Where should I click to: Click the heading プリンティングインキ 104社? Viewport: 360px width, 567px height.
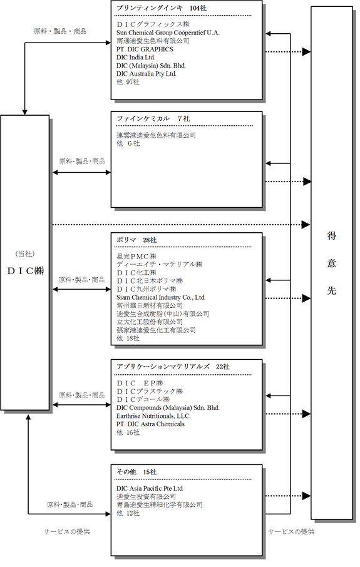point(162,8)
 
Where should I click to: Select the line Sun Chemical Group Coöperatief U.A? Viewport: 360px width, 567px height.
point(168,33)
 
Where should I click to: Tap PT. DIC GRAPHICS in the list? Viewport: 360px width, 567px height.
point(145,49)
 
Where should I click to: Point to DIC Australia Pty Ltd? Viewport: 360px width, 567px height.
point(146,74)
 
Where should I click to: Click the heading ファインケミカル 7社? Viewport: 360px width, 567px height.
point(153,119)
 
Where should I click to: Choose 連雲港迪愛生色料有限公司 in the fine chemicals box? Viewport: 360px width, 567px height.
point(156,135)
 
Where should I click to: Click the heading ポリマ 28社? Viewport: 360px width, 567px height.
point(136,240)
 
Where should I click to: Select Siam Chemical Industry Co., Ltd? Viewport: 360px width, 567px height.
point(161,297)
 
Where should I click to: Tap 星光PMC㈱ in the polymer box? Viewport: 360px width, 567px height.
point(136,257)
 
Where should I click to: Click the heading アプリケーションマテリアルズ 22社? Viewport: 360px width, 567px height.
point(173,367)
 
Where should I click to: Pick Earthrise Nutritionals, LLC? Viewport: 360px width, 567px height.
point(153,416)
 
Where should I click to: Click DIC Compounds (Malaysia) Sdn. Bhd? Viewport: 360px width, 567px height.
point(168,407)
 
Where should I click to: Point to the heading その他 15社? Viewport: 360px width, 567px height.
point(136,472)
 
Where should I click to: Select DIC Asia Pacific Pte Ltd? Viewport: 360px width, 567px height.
point(150,489)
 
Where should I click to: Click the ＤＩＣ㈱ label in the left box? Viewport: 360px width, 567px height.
point(25,271)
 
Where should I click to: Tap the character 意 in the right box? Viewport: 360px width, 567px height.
point(332,263)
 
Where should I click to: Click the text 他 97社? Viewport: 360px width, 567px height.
point(128,82)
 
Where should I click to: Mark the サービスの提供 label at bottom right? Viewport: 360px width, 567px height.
point(291,531)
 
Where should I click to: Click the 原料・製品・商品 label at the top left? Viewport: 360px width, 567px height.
point(60,31)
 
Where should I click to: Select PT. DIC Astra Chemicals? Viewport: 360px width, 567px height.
point(150,424)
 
